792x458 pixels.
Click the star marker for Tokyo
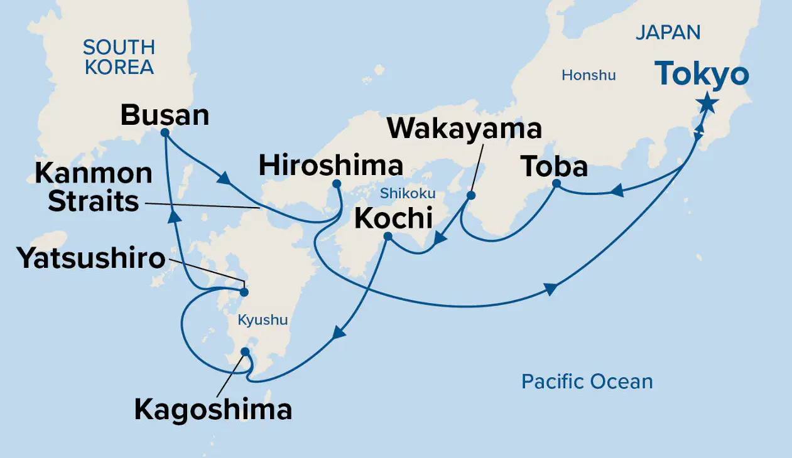point(707,103)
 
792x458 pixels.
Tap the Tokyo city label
point(702,75)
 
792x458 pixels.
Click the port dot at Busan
point(165,133)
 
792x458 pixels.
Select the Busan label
point(165,115)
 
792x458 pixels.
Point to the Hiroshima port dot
point(336,184)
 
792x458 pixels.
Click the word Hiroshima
point(330,166)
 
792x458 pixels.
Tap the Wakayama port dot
point(471,195)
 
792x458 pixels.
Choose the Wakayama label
point(464,129)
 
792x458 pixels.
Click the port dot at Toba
point(556,183)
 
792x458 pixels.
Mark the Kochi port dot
point(388,237)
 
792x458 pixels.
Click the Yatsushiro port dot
point(244,292)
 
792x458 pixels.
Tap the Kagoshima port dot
point(245,351)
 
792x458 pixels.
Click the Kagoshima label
point(214,410)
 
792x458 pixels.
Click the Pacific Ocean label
point(587,381)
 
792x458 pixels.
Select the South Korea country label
point(119,57)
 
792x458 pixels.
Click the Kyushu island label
point(263,320)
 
